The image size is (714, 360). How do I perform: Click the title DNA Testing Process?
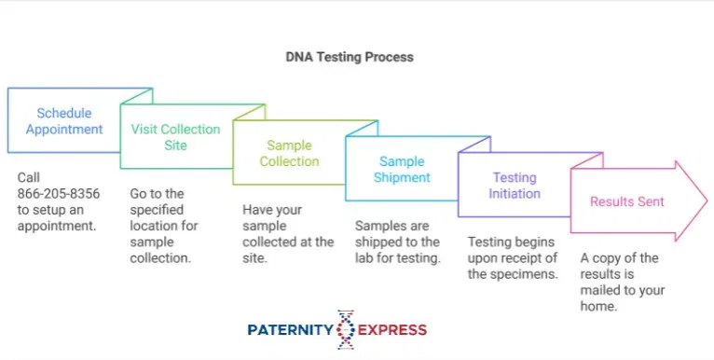click(x=350, y=57)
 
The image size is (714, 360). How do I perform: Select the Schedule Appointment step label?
click(x=64, y=121)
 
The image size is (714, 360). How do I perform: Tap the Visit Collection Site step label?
click(x=176, y=137)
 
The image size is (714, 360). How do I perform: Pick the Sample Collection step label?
click(x=289, y=153)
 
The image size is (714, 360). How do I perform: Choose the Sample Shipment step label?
click(x=402, y=169)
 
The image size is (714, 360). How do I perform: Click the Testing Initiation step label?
click(x=515, y=186)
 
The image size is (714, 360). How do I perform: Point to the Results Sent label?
click(x=627, y=201)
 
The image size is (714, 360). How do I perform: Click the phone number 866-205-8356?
click(x=59, y=194)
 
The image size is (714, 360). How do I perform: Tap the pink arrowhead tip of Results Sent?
click(x=707, y=201)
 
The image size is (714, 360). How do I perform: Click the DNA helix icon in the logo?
click(x=346, y=329)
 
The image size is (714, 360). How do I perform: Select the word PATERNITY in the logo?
click(x=291, y=329)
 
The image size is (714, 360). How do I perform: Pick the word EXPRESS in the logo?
click(x=392, y=329)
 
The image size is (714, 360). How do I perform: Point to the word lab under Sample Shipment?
click(x=364, y=258)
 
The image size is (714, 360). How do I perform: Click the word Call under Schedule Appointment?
click(x=29, y=177)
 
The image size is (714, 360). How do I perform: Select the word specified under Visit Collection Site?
click(x=157, y=210)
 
